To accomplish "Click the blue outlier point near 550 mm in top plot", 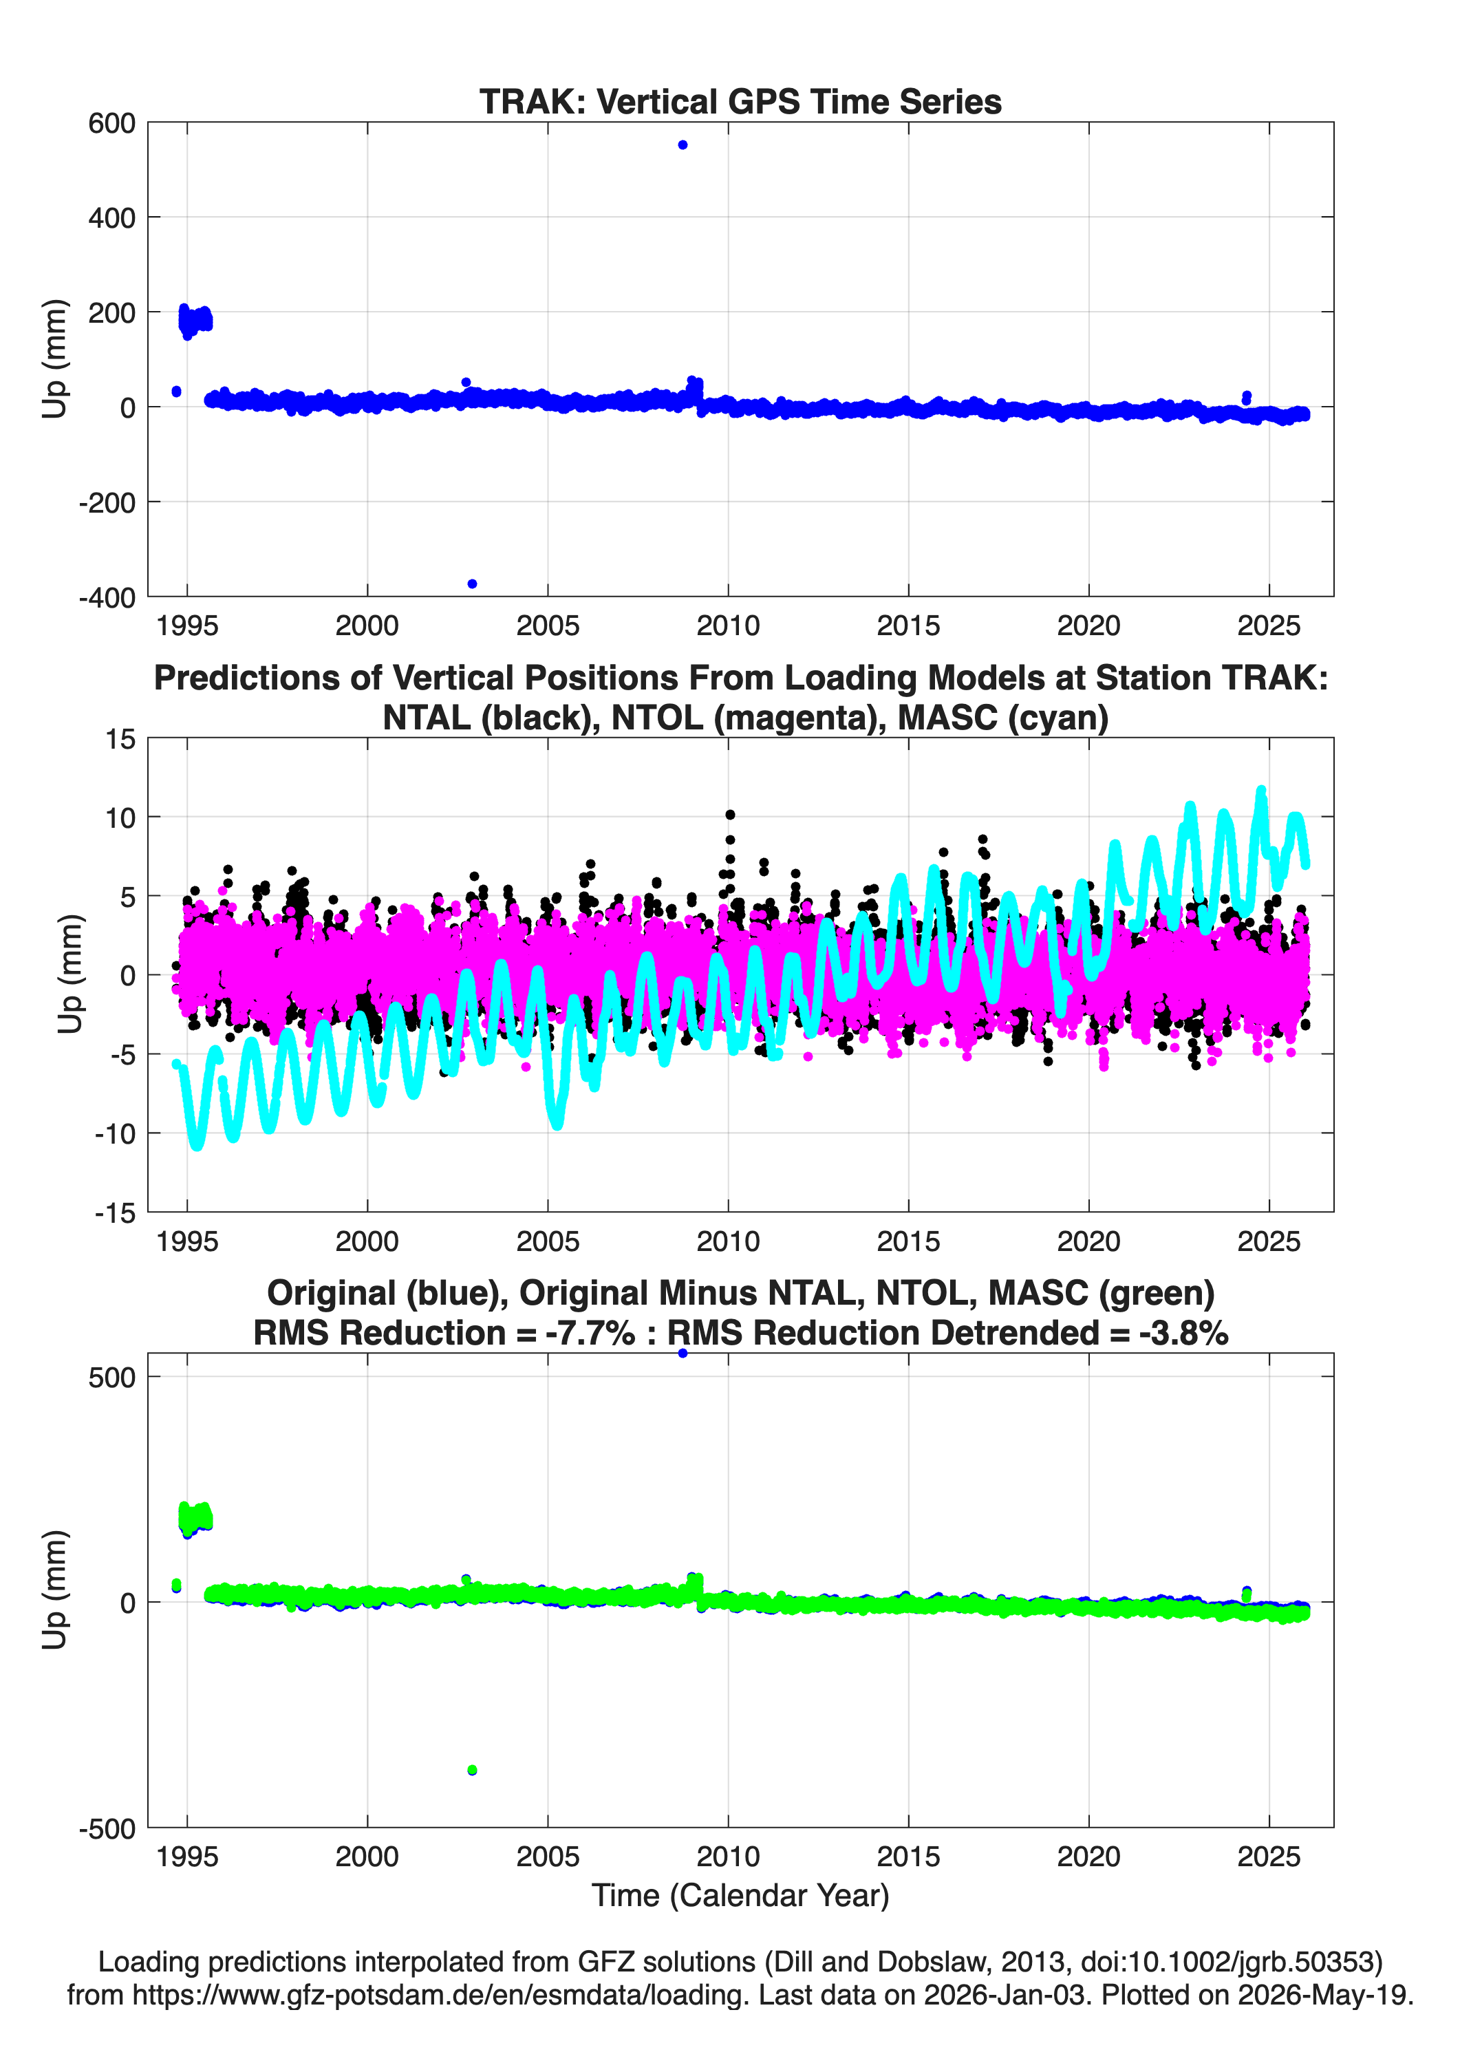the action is click(683, 145).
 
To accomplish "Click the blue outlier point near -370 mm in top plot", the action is click(472, 584).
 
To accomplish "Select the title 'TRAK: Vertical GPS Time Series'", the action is click(740, 101).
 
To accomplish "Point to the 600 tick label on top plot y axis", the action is click(111, 123).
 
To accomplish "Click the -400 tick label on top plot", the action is click(107, 597).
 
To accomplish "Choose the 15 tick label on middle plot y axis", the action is click(120, 739).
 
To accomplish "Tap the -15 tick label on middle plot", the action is click(115, 1212).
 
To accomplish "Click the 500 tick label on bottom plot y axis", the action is click(111, 1377).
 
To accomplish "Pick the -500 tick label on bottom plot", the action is click(107, 1828).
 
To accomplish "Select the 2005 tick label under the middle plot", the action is click(548, 1241).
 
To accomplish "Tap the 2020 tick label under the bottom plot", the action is click(1088, 1857).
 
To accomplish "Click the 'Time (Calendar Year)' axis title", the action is click(740, 1896).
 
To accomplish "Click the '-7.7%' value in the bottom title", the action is click(590, 1333).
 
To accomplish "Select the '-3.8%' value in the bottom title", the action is click(1183, 1333).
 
